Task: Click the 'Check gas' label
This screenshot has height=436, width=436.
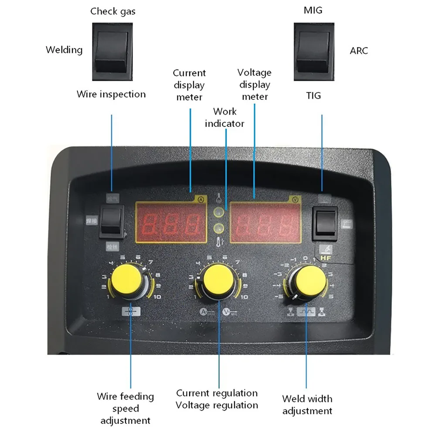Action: point(112,11)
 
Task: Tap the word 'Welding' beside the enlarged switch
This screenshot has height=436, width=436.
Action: point(64,50)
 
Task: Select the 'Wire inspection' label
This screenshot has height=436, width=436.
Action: point(111,94)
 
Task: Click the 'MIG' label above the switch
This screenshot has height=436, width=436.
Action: point(313,10)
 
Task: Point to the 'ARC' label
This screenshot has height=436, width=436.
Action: point(359,51)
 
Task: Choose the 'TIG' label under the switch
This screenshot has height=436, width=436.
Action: point(313,95)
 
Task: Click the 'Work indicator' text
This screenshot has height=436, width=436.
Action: point(225,118)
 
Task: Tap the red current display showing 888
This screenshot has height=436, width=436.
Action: point(171,222)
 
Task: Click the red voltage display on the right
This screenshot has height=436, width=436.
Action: point(265,223)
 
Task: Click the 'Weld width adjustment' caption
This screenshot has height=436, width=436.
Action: point(307,405)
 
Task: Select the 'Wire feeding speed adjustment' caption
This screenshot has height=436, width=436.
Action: point(126,409)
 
